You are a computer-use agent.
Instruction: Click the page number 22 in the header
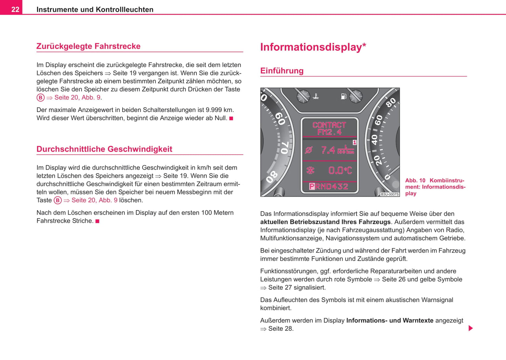pos(15,9)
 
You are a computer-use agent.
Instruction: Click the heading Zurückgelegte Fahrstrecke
pos(88,46)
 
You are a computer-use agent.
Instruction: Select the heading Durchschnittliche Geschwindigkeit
pos(104,149)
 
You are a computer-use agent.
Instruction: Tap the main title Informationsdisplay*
pos(313,47)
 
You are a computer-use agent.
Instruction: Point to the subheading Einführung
pos(282,71)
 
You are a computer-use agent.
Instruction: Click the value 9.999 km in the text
pos(219,110)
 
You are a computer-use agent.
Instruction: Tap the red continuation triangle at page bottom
pos(471,328)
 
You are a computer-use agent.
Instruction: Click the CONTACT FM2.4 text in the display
pos(329,128)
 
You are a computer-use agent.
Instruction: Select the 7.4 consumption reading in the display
pos(328,150)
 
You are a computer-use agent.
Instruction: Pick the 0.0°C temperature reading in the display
pos(340,170)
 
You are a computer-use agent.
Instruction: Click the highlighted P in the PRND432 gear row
pos(312,186)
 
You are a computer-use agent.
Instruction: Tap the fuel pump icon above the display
pos(344,96)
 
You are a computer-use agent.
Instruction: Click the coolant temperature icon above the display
pos(316,96)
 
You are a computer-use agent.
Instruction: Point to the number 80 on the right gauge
pos(390,103)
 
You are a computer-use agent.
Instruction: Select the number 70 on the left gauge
pos(284,148)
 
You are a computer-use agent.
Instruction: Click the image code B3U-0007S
pos(389,195)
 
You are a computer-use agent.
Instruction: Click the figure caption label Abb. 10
pos(415,181)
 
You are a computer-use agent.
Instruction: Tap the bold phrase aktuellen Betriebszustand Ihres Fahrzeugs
pos(325,222)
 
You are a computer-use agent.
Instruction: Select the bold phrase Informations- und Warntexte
pos(390,320)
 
